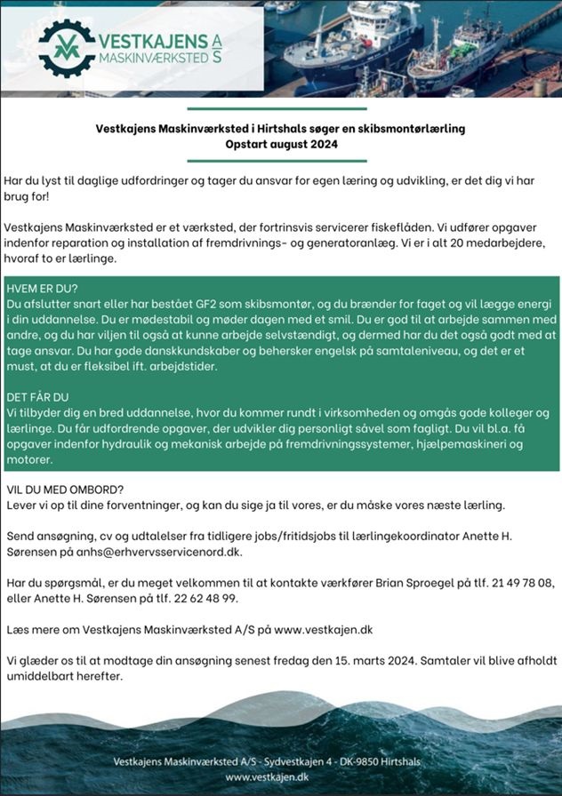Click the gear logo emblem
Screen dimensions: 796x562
click(67, 48)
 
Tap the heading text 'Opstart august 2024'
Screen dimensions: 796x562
click(281, 143)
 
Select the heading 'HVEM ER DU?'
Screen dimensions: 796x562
click(42, 289)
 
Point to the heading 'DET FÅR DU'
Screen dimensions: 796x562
click(37, 396)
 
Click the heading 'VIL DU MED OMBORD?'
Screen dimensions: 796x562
click(64, 490)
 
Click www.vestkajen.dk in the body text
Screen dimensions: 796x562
click(323, 629)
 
